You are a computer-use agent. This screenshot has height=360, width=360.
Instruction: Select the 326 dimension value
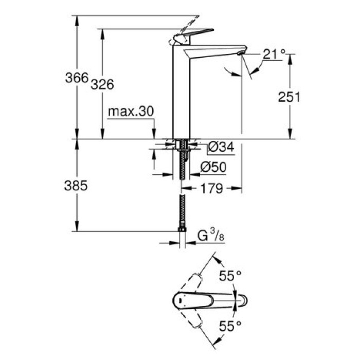click(102, 85)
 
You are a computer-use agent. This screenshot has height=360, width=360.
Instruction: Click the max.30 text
click(131, 112)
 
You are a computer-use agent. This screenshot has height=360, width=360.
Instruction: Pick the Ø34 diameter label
click(221, 148)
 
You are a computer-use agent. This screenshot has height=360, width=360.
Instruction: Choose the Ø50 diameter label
click(213, 167)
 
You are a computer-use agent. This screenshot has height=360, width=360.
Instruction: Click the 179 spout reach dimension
click(212, 189)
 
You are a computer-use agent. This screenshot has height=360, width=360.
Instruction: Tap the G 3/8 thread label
click(210, 237)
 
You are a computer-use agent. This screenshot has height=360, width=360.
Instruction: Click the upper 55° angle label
click(230, 276)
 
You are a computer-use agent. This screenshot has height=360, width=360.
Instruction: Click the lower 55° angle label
click(230, 325)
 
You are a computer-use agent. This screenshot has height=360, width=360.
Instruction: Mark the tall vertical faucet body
click(181, 93)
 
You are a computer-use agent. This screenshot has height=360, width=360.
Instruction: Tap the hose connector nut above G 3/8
click(181, 231)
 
